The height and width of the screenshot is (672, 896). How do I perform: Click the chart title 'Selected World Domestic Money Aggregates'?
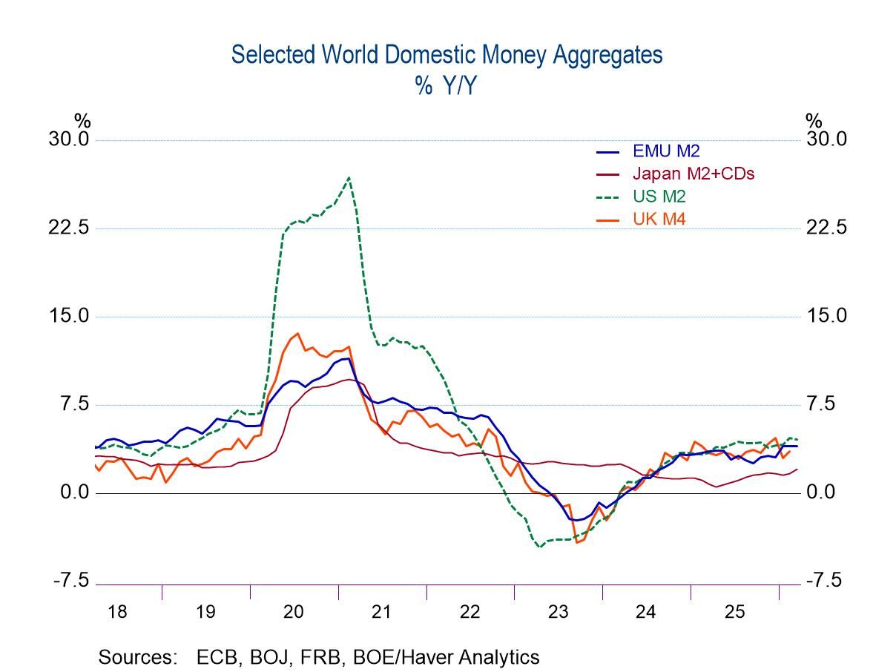[x=447, y=55]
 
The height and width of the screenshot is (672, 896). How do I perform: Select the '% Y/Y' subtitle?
[x=447, y=86]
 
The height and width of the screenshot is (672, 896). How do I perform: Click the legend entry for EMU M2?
[x=665, y=151]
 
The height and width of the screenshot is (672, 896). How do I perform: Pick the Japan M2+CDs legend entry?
[x=694, y=173]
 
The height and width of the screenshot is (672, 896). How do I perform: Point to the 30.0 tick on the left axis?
[x=68, y=139]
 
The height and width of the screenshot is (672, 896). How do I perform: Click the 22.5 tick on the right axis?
[x=826, y=228]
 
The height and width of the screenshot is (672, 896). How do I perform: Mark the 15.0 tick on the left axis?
[x=68, y=316]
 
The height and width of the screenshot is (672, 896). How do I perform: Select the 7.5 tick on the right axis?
[x=822, y=404]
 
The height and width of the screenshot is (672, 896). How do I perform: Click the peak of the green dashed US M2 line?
[x=349, y=177]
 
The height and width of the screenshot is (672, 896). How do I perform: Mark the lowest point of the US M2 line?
[x=539, y=547]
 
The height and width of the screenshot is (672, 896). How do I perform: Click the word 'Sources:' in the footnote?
[x=140, y=657]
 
